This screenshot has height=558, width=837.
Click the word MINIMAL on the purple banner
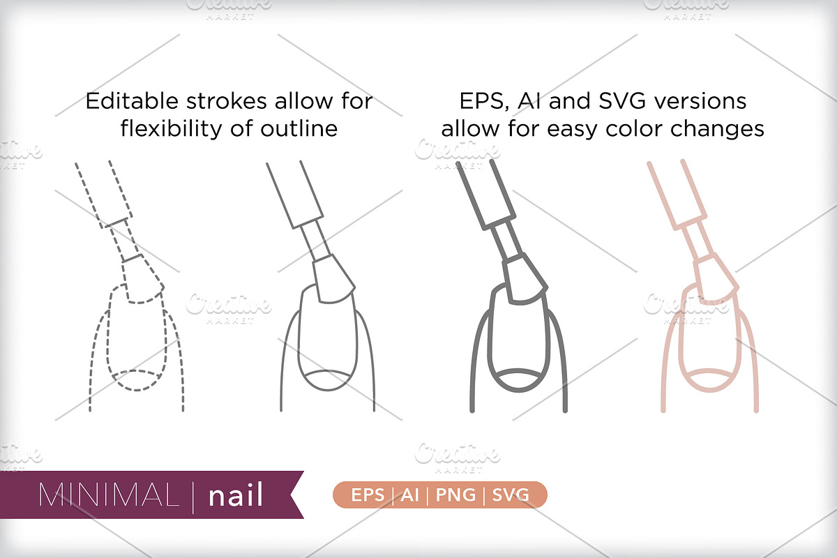(x=108, y=495)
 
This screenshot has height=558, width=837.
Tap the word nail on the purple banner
(x=236, y=495)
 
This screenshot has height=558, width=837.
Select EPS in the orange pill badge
(x=368, y=495)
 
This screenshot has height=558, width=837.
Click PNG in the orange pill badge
(x=455, y=495)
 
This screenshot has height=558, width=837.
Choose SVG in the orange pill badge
(x=511, y=495)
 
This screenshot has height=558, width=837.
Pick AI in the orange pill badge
(x=410, y=495)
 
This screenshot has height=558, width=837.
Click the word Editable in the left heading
(x=132, y=101)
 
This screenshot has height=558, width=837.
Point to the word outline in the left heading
(x=299, y=128)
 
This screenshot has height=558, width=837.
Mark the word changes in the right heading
(x=717, y=130)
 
